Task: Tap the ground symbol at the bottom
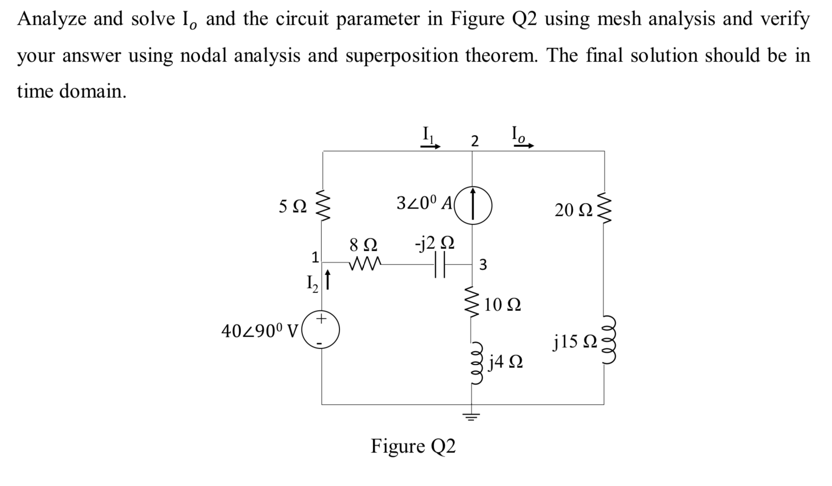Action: pyautogui.click(x=471, y=417)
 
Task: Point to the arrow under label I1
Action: pyautogui.click(x=431, y=147)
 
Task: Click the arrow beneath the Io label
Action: pyautogui.click(x=524, y=146)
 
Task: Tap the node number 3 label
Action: pyautogui.click(x=483, y=265)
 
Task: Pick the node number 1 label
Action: pyautogui.click(x=315, y=257)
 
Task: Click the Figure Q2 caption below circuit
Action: pyautogui.click(x=413, y=446)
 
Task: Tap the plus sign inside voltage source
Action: pyautogui.click(x=321, y=318)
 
